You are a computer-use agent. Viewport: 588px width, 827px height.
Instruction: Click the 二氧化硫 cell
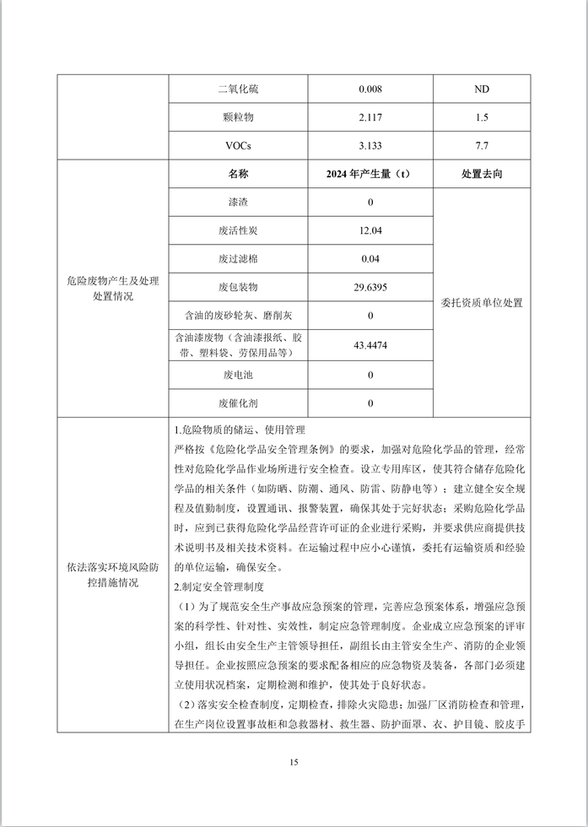tap(238, 89)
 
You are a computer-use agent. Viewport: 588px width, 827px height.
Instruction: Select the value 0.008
tap(370, 89)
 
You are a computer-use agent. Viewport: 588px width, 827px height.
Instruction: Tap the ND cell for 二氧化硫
tap(482, 89)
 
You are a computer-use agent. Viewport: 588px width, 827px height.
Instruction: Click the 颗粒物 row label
tap(238, 117)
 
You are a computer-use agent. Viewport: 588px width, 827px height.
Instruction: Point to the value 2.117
tap(370, 117)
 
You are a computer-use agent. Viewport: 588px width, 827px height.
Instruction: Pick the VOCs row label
tap(238, 146)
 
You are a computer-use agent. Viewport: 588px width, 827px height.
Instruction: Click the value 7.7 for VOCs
tap(482, 146)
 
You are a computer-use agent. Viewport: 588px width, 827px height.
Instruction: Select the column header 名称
tap(238, 175)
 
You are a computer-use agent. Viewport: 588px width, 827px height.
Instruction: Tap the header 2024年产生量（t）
tap(370, 175)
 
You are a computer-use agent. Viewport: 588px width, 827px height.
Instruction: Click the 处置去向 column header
tap(482, 175)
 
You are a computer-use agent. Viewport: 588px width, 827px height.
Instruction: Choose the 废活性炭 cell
tap(238, 231)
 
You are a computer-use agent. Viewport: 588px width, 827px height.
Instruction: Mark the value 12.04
tap(370, 231)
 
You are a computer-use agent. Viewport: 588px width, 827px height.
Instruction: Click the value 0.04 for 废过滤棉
tap(370, 260)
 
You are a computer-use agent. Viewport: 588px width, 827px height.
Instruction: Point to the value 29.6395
tap(370, 288)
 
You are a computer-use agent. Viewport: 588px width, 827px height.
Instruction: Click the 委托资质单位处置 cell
tap(482, 303)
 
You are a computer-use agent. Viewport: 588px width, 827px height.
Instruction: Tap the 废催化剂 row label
tap(238, 403)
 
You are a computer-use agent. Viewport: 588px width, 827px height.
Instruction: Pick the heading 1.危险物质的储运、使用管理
tap(240, 430)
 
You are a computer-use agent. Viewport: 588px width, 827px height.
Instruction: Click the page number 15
tap(294, 763)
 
